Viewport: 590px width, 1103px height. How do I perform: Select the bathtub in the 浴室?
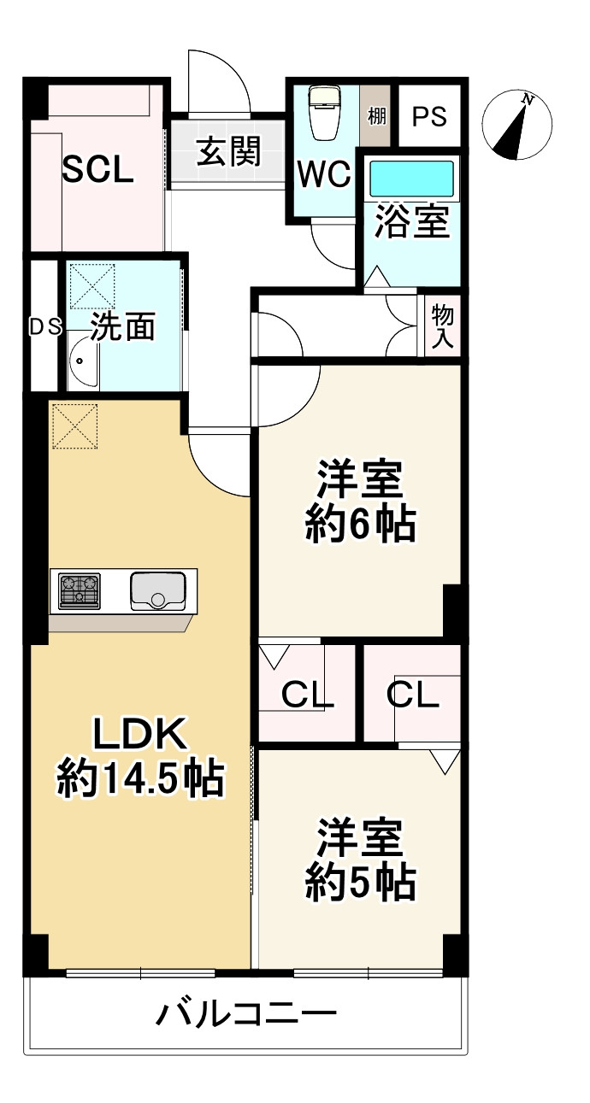tap(410, 179)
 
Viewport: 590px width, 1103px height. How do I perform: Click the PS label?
tap(430, 116)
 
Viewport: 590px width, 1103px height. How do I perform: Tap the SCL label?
tap(99, 171)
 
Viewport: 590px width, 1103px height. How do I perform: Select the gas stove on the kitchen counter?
tap(80, 590)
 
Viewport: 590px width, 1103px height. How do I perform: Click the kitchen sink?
tap(158, 590)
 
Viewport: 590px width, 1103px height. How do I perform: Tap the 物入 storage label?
tap(443, 326)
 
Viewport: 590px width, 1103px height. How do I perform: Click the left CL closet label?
tap(307, 696)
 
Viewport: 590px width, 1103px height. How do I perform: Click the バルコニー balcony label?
tap(246, 1015)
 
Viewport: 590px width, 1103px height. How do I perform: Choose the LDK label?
tap(139, 735)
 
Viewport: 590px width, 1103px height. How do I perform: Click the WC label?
tap(323, 175)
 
